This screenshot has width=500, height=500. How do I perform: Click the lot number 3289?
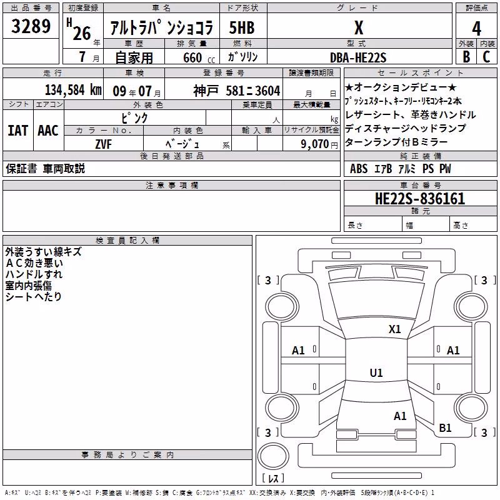(31, 26)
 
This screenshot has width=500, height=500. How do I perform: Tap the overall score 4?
(476, 28)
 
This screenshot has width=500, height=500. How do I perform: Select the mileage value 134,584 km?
(73, 90)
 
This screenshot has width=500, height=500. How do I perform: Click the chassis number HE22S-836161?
(420, 199)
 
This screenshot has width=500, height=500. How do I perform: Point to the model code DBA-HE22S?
(358, 57)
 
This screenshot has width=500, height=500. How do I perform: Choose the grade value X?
(359, 28)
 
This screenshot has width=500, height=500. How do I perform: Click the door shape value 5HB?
(242, 27)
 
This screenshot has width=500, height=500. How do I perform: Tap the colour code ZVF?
(103, 144)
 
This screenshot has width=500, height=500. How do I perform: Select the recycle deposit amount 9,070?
(315, 144)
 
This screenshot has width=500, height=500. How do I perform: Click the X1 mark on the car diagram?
(394, 329)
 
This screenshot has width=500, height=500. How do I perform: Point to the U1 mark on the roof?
(376, 372)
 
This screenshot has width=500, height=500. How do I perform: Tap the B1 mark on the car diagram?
(445, 428)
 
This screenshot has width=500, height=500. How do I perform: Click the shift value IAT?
(18, 131)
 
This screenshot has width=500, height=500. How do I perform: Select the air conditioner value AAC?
(48, 131)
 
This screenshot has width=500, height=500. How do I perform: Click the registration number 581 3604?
(253, 91)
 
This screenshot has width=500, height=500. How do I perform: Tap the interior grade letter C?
(486, 57)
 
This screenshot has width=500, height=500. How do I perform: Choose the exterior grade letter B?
(466, 57)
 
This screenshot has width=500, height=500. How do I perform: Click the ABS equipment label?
(359, 169)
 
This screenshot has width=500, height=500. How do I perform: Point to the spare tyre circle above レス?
(273, 456)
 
